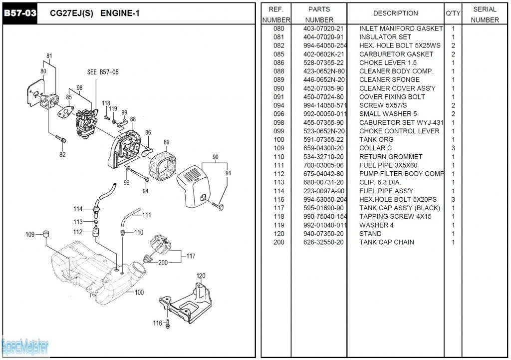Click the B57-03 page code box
[20, 13]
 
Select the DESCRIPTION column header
[395, 13]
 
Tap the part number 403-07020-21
[323, 28]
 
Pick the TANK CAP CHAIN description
[387, 242]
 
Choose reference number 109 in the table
[279, 148]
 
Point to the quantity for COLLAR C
[453, 148]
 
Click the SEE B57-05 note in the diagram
[103, 72]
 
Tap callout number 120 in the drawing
[201, 276]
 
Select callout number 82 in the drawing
[62, 155]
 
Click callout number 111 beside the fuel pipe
[146, 215]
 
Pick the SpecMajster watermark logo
[25, 346]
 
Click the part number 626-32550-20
[323, 242]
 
